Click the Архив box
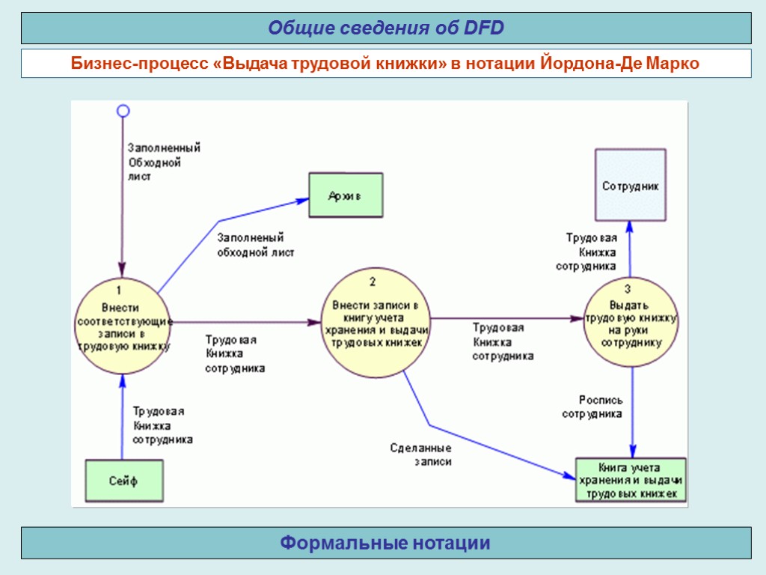(x=346, y=195)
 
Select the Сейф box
(x=123, y=481)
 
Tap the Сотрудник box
(x=630, y=185)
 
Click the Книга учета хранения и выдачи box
(x=631, y=480)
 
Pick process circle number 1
(x=123, y=326)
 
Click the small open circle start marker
(x=123, y=111)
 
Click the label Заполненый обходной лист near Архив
(x=255, y=245)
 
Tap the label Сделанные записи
(x=422, y=455)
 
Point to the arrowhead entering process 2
(x=313, y=323)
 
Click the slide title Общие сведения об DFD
(x=386, y=28)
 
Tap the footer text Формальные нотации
(x=386, y=543)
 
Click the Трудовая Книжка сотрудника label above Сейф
(x=162, y=425)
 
